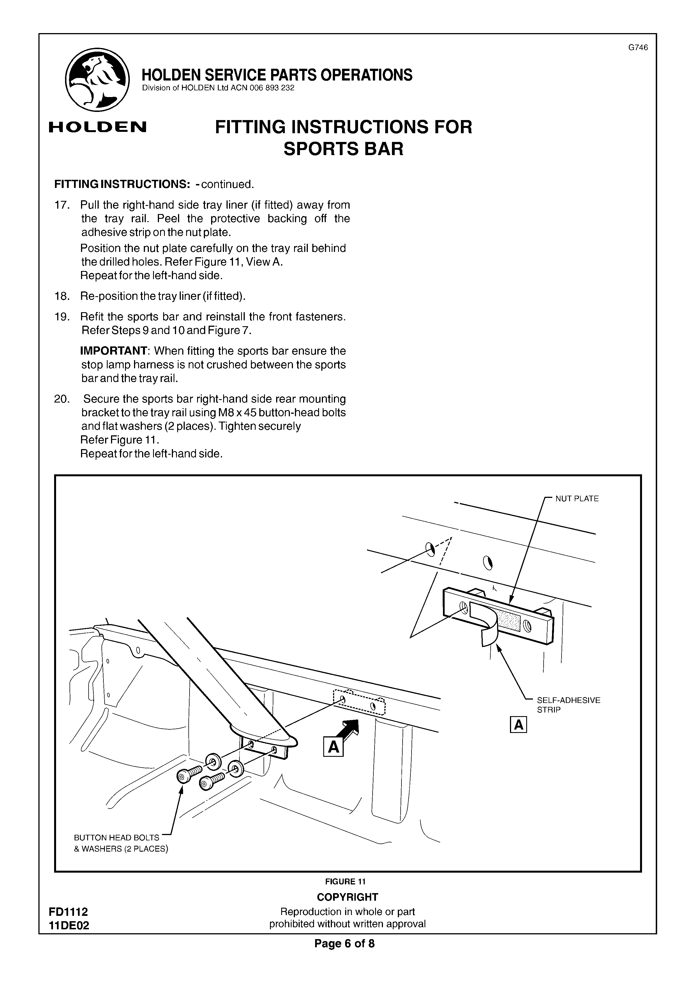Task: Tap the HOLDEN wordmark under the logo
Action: [98, 127]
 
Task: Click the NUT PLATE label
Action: [577, 498]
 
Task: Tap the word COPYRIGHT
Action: [347, 897]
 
